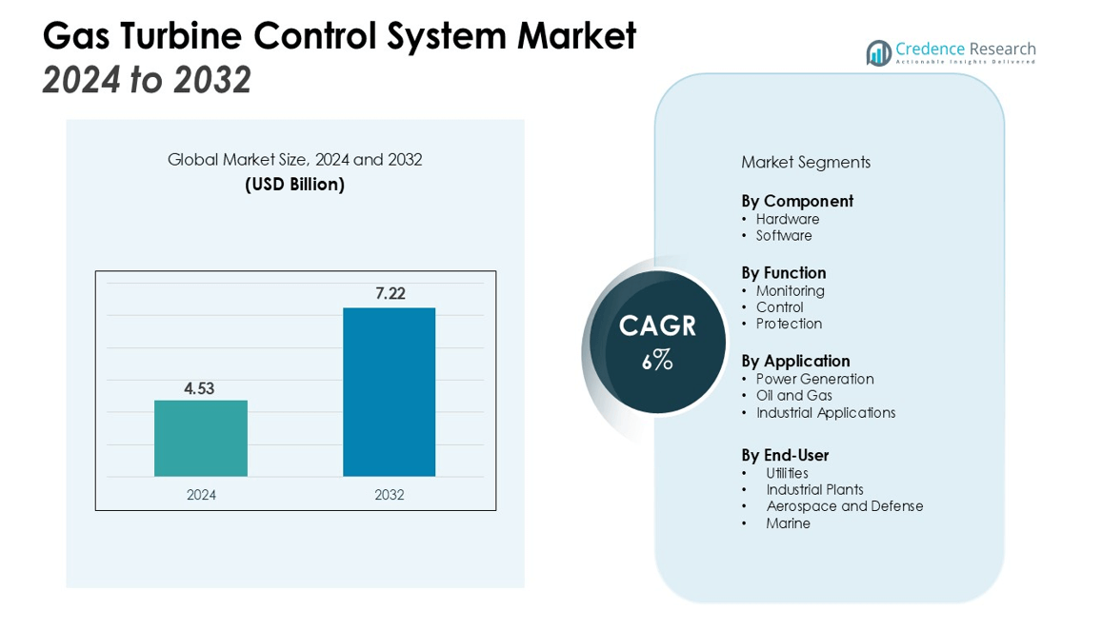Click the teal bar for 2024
click(x=201, y=438)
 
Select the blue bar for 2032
click(x=389, y=392)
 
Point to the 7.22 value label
click(x=391, y=294)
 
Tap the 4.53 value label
click(x=200, y=387)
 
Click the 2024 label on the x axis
click(x=201, y=495)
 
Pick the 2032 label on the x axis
click(x=389, y=495)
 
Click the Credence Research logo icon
click(x=877, y=52)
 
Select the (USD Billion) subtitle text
click(x=294, y=185)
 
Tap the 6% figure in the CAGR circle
click(x=657, y=361)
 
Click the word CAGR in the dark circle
click(x=657, y=326)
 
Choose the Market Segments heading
click(x=806, y=163)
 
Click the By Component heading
click(x=797, y=201)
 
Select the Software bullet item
click(x=784, y=236)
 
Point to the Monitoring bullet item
click(x=791, y=291)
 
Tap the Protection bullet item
click(x=789, y=324)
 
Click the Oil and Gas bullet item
click(x=794, y=396)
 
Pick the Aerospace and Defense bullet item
click(x=845, y=506)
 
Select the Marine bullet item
click(x=789, y=523)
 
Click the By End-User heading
click(x=785, y=455)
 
